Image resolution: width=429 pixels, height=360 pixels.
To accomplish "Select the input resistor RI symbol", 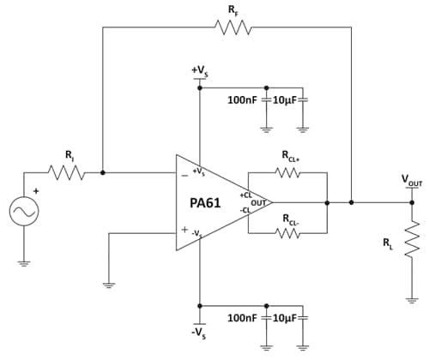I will click(x=68, y=172).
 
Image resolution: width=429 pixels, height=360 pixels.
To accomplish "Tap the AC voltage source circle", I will click(x=23, y=212).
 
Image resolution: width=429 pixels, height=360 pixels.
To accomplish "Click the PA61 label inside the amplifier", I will click(x=208, y=203).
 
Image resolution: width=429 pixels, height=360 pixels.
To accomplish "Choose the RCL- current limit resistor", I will click(x=287, y=232).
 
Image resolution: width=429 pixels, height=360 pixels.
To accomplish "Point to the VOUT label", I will click(x=411, y=181).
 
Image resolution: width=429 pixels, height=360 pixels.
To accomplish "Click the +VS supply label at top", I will click(x=199, y=69).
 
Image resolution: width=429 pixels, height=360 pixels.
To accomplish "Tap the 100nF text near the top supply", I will click(x=242, y=100).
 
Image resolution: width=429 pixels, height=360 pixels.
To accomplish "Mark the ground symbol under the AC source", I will click(x=23, y=262).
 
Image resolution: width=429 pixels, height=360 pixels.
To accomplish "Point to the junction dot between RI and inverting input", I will click(x=103, y=172).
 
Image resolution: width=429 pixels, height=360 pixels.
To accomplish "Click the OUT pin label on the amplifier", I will click(x=256, y=202).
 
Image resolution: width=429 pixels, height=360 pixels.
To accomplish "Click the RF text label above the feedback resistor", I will click(x=234, y=9).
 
